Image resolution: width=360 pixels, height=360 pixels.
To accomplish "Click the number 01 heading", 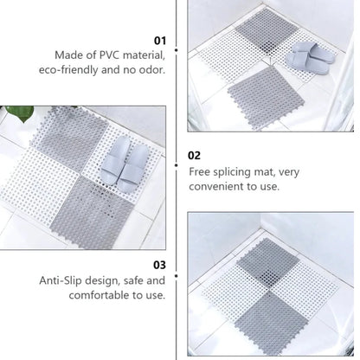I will tap(159, 40).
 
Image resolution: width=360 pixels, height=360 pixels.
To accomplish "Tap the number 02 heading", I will tap(195, 156).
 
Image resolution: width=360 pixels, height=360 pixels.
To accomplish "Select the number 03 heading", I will tap(159, 265).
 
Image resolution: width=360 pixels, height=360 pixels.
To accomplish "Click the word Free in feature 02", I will tap(201, 171).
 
